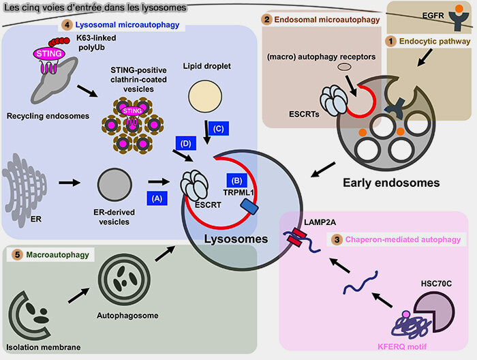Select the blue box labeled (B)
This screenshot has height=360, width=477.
pyautogui.click(x=236, y=181)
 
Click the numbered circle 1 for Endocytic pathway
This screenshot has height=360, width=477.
pyautogui.click(x=391, y=41)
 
